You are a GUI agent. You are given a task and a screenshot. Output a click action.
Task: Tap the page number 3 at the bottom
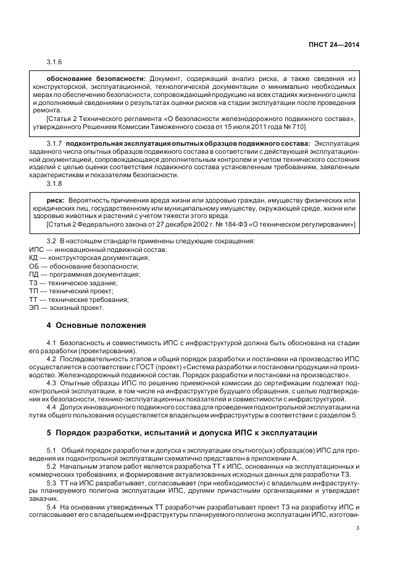point(358,527)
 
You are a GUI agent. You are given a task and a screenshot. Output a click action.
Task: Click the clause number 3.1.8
point(54,184)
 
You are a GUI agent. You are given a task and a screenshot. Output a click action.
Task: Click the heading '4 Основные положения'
point(96,324)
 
